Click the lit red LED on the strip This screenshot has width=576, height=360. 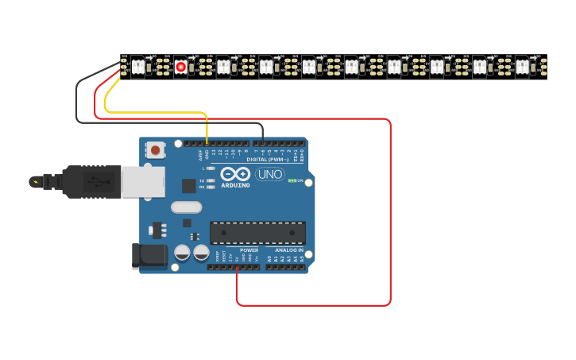(x=180, y=67)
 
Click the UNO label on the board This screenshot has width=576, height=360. (x=270, y=174)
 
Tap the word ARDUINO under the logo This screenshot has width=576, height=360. (x=234, y=185)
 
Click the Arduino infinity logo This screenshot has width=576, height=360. (x=235, y=174)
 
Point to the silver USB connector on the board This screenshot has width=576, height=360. (x=143, y=181)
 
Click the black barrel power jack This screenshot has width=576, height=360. (x=149, y=255)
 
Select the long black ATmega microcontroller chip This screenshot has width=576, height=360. (x=257, y=233)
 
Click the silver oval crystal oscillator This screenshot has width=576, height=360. (x=187, y=207)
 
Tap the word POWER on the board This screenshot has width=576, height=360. (x=249, y=250)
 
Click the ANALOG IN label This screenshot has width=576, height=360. (x=284, y=250)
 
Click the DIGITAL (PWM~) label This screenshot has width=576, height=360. (x=268, y=159)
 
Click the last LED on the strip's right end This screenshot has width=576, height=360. (x=522, y=67)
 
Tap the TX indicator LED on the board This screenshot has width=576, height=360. (x=210, y=181)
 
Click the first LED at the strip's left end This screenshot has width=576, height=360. (x=137, y=67)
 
